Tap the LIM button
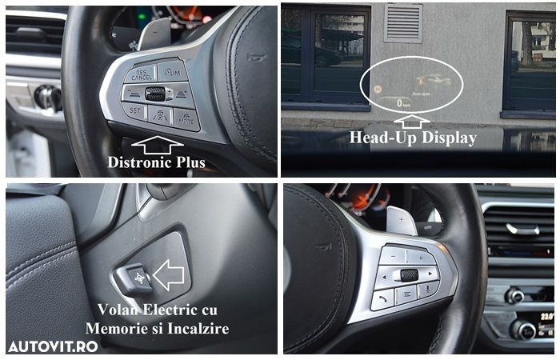click(x=173, y=72)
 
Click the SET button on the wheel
click(x=134, y=112)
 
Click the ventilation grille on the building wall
click(x=402, y=22)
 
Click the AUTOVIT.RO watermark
click(x=53, y=346)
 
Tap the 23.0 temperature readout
click(x=547, y=317)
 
